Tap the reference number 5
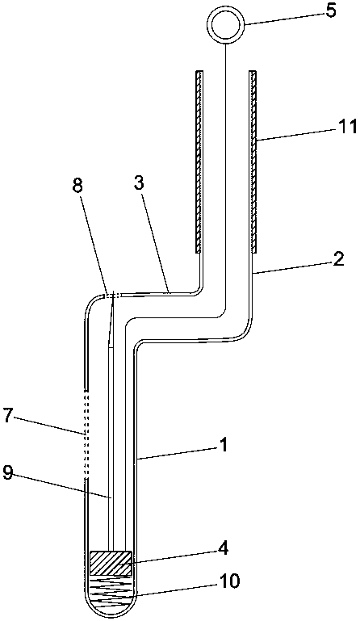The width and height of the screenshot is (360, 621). tap(331, 10)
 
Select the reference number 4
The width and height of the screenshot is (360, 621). tap(224, 550)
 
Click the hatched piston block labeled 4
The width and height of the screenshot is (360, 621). tap(111, 563)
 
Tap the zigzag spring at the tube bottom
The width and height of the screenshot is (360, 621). tap(111, 592)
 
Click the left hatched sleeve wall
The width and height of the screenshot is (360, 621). tap(199, 162)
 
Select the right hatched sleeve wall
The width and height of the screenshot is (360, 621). tap(253, 162)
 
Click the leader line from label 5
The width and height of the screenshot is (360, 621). tap(283, 19)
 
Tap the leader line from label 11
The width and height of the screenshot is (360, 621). tap(296, 135)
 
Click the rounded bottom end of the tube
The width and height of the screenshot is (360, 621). tap(111, 618)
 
